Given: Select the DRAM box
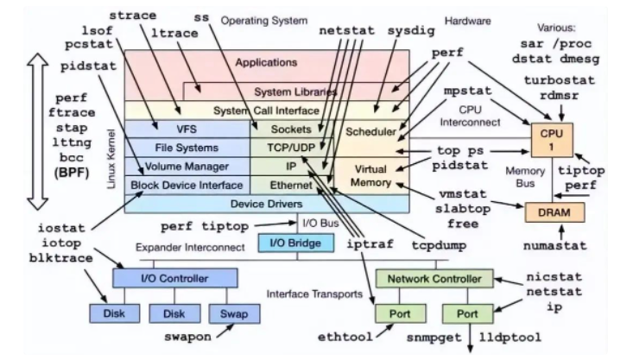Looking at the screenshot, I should click(550, 212).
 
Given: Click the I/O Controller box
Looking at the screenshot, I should click(174, 278).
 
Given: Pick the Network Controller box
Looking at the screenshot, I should click(434, 278).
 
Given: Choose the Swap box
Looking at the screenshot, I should click(227, 315).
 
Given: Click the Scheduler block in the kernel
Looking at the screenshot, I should click(370, 132).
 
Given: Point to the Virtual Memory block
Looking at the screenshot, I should click(370, 175).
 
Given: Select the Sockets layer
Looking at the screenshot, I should click(290, 129).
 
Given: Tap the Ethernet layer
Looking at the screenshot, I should click(290, 184).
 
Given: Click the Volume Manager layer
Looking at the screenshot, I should click(187, 166).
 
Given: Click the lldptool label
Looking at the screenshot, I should click(522, 337).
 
